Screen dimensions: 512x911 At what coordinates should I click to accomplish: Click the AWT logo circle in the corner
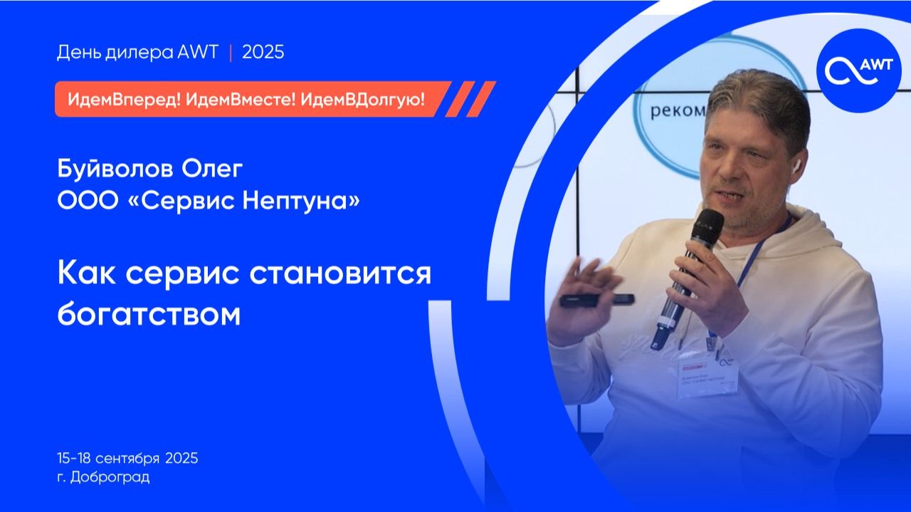858,70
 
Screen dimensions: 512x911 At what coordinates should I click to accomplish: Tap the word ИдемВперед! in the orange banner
123,100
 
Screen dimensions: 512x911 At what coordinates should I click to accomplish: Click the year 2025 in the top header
263,53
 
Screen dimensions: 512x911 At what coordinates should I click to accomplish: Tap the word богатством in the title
149,314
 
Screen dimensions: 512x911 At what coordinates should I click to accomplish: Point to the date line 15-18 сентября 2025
127,458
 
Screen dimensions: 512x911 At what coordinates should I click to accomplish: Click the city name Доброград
110,477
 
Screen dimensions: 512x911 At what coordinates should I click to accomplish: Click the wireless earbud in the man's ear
795,167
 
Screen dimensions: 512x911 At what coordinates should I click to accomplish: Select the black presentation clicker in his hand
596,300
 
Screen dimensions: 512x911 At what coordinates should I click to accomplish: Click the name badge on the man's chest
707,376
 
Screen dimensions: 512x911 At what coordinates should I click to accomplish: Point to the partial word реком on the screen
676,112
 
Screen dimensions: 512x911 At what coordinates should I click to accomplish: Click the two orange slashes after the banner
470,99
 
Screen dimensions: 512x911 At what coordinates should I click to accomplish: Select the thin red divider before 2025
230,53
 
